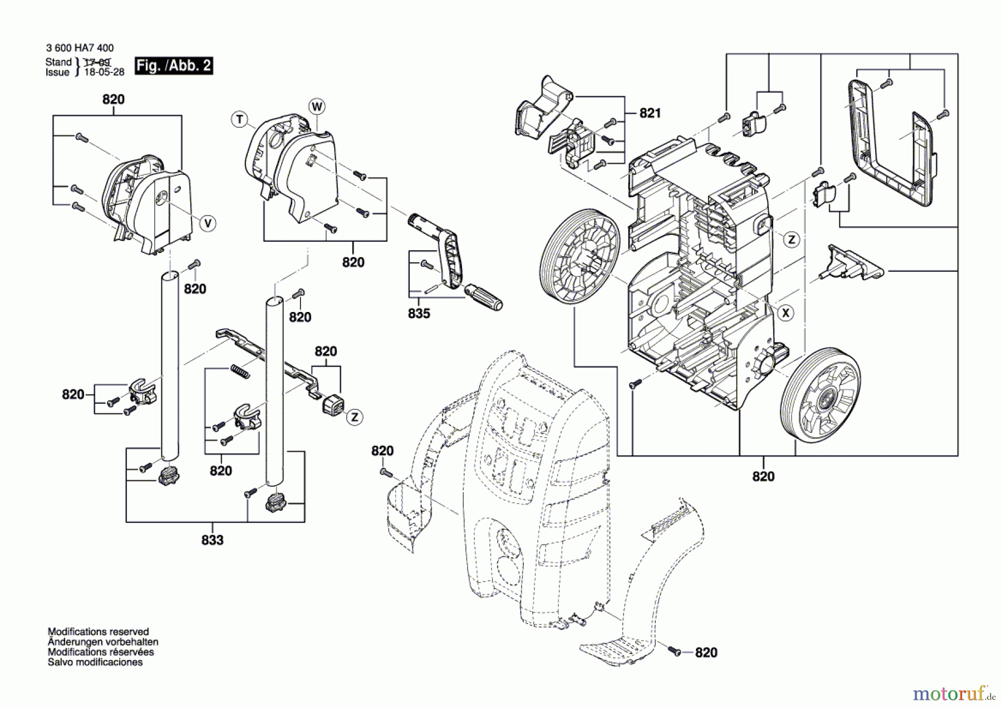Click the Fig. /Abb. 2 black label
174,66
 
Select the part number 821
650,113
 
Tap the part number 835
419,314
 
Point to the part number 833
212,540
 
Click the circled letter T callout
239,119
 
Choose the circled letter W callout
317,106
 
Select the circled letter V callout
208,223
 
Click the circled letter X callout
785,313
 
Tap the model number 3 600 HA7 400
80,48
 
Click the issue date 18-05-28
104,72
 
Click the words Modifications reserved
98,632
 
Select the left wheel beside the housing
579,257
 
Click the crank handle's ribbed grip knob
484,297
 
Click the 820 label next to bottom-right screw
706,652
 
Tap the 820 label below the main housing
763,476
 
